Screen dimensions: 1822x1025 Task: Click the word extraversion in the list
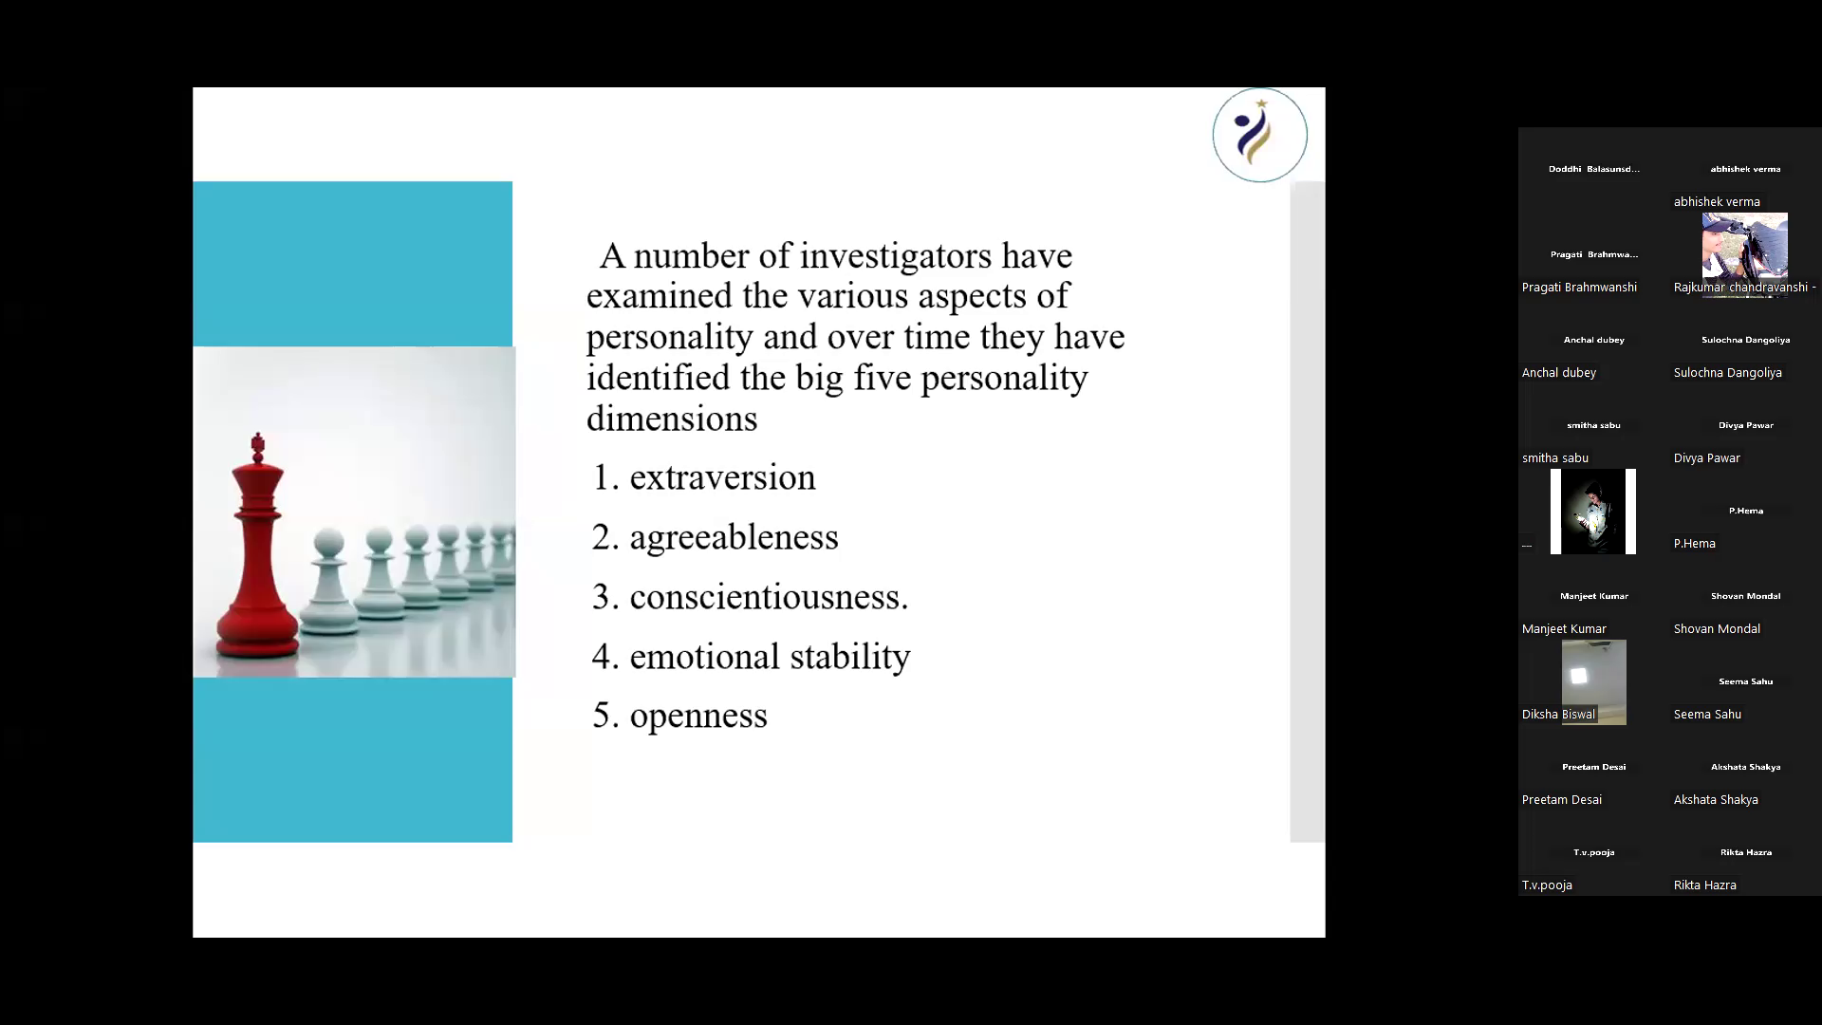(x=722, y=477)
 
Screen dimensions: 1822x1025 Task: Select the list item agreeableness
(x=734, y=538)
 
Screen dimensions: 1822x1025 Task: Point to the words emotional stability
(x=770, y=657)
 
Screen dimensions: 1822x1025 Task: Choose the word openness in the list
(x=698, y=717)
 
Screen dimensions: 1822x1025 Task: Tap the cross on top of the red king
(x=257, y=443)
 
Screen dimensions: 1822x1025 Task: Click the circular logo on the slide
(x=1259, y=135)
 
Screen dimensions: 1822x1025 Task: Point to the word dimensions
(x=672, y=419)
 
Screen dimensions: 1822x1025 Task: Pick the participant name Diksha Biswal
(x=1558, y=715)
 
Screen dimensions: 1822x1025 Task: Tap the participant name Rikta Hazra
(x=1705, y=885)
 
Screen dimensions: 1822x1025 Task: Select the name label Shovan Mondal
(x=1717, y=629)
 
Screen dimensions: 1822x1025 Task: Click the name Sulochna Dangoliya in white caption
(x=1728, y=373)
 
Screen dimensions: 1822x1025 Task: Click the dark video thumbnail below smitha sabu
(x=1593, y=512)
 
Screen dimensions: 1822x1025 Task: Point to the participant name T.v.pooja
(x=1547, y=885)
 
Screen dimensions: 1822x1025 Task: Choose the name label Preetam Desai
(x=1562, y=800)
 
